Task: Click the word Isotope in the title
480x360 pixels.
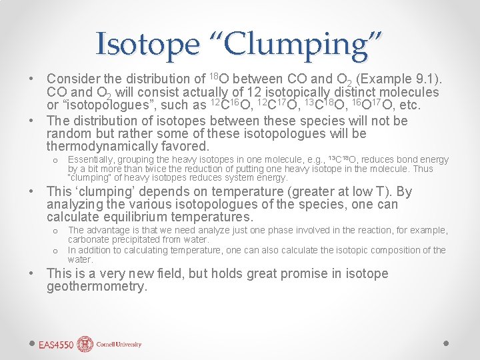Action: click(147, 44)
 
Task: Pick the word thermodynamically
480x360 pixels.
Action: click(101, 146)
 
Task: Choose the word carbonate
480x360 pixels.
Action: click(87, 239)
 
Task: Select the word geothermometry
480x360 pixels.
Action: click(97, 287)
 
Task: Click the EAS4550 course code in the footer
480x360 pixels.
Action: click(55, 345)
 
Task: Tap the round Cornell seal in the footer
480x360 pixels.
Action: click(85, 344)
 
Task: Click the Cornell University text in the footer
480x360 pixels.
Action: click(119, 345)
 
